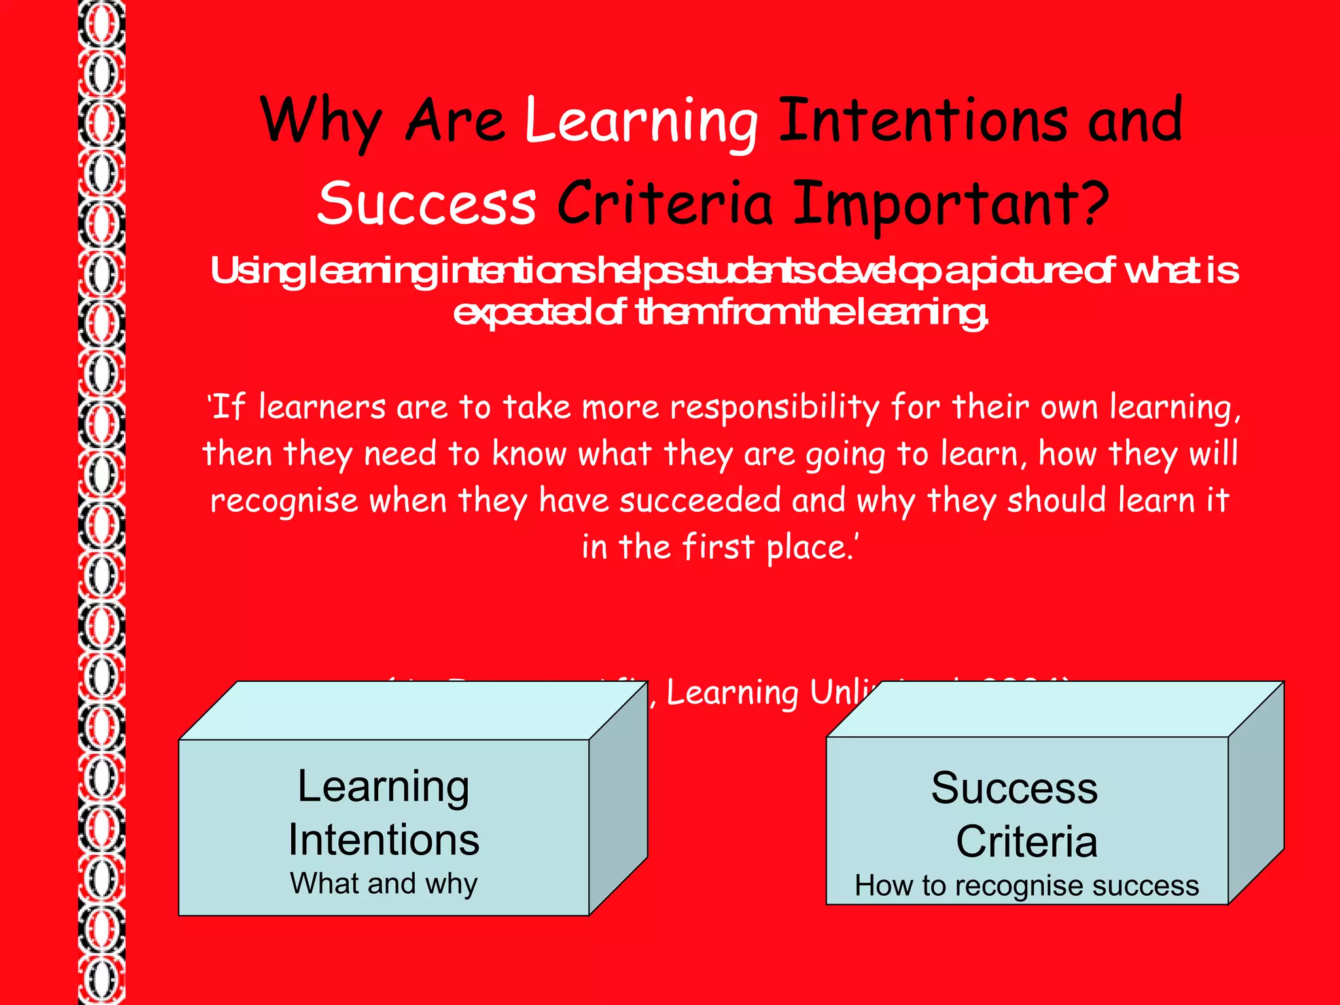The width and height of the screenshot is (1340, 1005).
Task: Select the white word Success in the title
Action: [427, 203]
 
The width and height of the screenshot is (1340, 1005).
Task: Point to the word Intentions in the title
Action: [923, 121]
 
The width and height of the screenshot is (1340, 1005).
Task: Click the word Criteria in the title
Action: [665, 203]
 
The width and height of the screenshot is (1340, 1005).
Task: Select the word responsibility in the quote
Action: [775, 408]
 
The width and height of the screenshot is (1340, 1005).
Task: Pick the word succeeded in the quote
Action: [700, 501]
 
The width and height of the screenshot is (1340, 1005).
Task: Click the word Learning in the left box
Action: [383, 787]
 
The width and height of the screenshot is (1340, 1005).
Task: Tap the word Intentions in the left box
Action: [384, 840]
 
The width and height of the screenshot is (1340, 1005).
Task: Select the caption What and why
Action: [384, 884]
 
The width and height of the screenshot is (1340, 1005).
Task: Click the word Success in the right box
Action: [1014, 788]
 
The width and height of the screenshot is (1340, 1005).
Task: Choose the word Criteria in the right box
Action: [1027, 842]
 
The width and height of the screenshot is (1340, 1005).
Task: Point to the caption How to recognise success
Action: [1027, 887]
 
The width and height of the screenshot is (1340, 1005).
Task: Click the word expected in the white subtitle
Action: [521, 313]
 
